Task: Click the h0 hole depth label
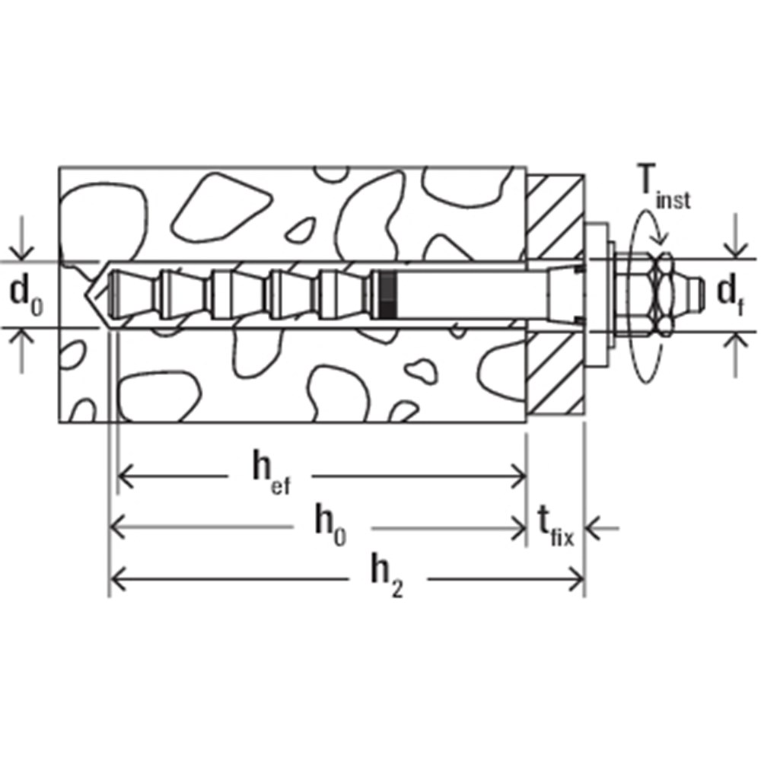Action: [x=330, y=524]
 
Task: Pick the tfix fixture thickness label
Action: [x=556, y=526]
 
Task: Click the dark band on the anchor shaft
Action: [x=388, y=295]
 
